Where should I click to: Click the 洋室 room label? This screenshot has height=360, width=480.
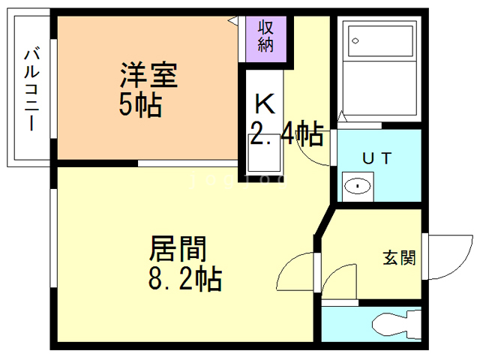[x=148, y=76]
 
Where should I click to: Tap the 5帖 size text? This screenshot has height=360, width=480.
[x=140, y=106]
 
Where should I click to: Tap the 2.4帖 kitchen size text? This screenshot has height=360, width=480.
[x=286, y=135]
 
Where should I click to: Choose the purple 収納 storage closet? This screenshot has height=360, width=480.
[x=265, y=35]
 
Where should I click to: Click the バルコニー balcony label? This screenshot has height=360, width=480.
[x=31, y=88]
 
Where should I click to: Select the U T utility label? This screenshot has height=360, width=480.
[x=377, y=157]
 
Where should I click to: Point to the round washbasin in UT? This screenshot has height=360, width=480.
[x=358, y=184]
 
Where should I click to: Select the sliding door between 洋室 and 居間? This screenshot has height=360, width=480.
[x=187, y=163]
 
